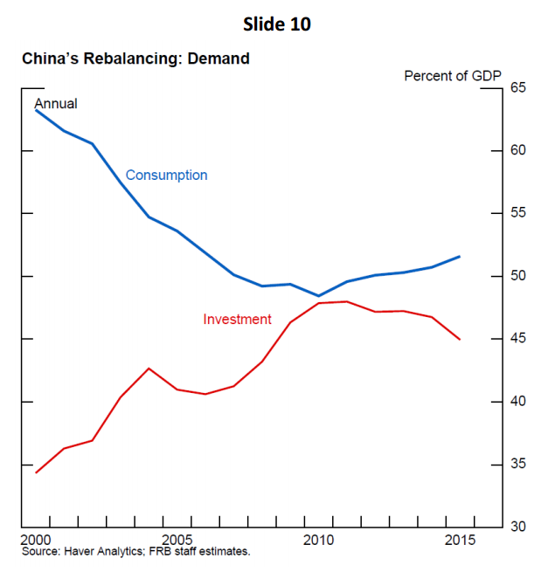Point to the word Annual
[x=55, y=103]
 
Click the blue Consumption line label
[x=166, y=175]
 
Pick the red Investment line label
[x=237, y=320]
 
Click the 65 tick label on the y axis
[x=518, y=88]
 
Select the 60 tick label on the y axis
[x=518, y=151]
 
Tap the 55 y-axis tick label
[x=518, y=214]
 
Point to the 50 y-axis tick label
[x=518, y=276]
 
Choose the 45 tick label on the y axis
[x=518, y=339]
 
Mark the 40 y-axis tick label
[x=518, y=402]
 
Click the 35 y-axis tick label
[x=518, y=464]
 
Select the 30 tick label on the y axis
[x=518, y=527]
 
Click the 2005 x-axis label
[x=177, y=539]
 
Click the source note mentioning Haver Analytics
[x=135, y=551]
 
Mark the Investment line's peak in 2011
[x=347, y=301]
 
